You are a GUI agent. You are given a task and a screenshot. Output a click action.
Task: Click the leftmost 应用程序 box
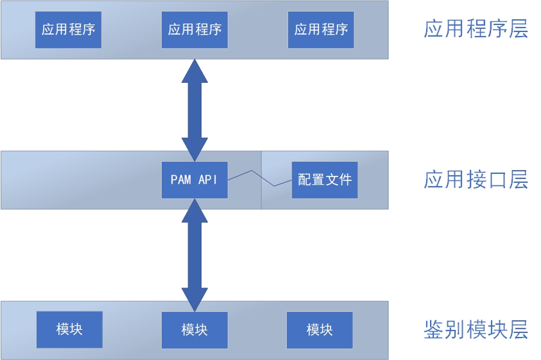pyautogui.click(x=68, y=30)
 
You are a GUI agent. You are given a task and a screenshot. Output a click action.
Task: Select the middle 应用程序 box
pyautogui.click(x=194, y=30)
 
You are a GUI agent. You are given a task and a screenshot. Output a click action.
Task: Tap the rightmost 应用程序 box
pyautogui.click(x=321, y=30)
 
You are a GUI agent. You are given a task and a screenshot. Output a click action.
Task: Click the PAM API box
pyautogui.click(x=194, y=180)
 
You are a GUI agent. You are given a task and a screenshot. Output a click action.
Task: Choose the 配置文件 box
pyautogui.click(x=325, y=180)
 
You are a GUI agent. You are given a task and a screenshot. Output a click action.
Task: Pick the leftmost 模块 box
pyautogui.click(x=69, y=330)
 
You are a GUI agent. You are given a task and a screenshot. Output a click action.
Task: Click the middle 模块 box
pyautogui.click(x=194, y=330)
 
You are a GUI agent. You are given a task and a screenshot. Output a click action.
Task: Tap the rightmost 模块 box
pyautogui.click(x=320, y=330)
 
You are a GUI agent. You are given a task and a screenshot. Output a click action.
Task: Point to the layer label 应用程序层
pyautogui.click(x=476, y=30)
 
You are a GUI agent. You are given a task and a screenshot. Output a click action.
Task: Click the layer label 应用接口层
pyautogui.click(x=476, y=180)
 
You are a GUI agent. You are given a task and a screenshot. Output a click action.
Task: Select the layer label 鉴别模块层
pyautogui.click(x=476, y=330)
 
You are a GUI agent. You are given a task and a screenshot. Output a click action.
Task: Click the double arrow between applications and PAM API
pyautogui.click(x=194, y=109)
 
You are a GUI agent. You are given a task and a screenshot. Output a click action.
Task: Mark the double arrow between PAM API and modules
pyautogui.click(x=194, y=255)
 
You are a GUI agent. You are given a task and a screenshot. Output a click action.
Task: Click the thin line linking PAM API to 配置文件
pyautogui.click(x=260, y=178)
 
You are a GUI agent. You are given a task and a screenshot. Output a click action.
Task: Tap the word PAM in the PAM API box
pyautogui.click(x=181, y=180)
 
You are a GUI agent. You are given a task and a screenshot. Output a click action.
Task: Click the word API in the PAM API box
pyautogui.click(x=208, y=180)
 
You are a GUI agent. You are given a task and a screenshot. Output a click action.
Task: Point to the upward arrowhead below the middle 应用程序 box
pyautogui.click(x=194, y=70)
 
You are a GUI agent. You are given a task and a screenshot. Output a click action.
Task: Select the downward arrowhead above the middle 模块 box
pyautogui.click(x=194, y=300)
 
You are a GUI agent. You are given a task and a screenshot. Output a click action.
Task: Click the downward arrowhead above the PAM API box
pyautogui.click(x=194, y=149)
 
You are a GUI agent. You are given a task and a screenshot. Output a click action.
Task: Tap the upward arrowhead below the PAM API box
pyautogui.click(x=194, y=211)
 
